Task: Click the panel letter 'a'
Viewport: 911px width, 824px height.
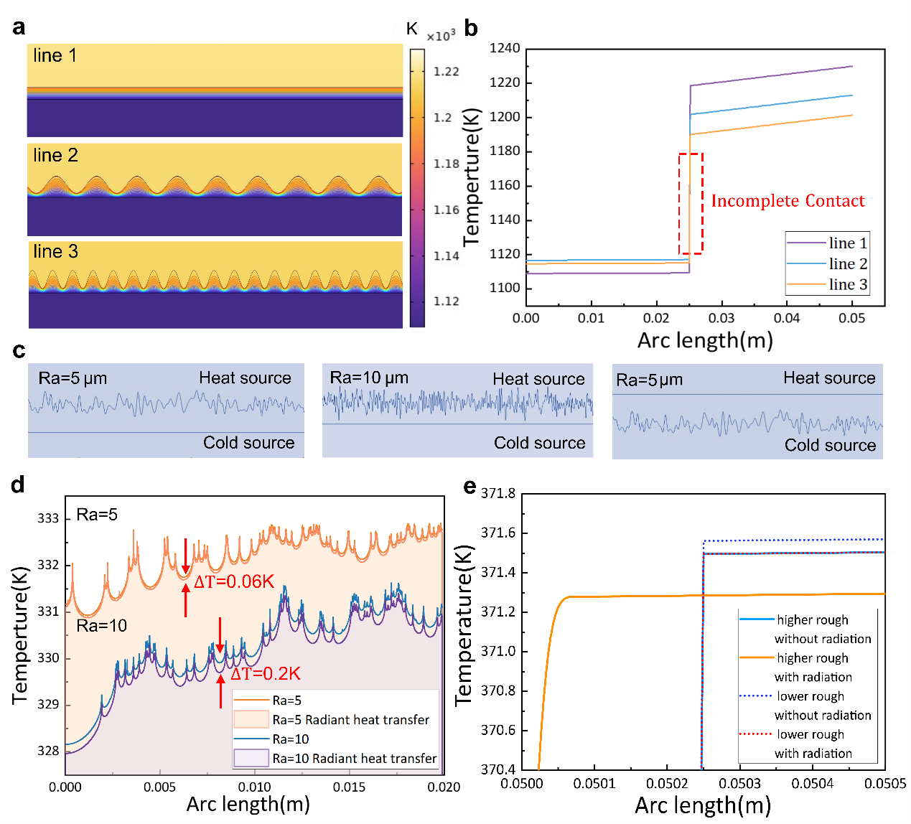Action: (19, 27)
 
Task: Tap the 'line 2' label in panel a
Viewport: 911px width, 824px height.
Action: (55, 155)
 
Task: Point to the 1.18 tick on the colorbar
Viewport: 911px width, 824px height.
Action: (446, 164)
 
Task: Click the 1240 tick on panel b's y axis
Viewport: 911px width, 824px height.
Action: (505, 48)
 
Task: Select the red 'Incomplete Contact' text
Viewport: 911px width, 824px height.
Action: (788, 201)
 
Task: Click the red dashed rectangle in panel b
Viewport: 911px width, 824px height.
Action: (691, 203)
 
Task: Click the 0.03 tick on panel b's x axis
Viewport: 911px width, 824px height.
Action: (721, 318)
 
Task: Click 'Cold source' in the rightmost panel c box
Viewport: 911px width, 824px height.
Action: (830, 445)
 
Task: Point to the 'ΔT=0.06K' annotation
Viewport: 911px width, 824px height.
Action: (234, 581)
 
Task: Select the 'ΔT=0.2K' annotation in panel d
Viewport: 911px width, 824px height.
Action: (265, 674)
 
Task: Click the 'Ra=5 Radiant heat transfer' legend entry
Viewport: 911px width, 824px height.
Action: (350, 719)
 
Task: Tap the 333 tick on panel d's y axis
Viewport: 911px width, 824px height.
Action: (48, 518)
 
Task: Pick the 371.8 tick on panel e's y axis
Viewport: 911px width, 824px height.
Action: (498, 493)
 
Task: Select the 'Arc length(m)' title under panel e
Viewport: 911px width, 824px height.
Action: (703, 805)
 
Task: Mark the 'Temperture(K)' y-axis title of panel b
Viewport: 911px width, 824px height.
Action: (472, 177)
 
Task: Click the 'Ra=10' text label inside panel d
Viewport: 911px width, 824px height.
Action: (102, 625)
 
